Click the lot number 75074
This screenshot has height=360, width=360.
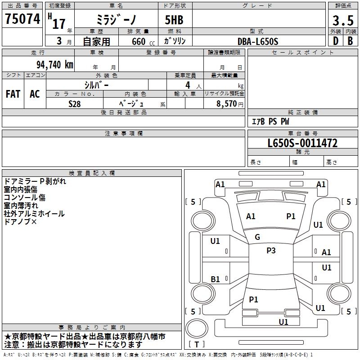(x=22, y=19)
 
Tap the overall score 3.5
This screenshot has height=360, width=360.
(x=343, y=20)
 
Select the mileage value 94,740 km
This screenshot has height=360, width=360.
(x=55, y=64)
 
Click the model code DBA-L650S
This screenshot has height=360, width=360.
(x=258, y=41)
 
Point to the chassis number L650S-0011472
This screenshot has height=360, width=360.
(x=302, y=143)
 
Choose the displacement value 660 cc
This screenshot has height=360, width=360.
(x=143, y=42)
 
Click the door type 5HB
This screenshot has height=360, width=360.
(x=174, y=20)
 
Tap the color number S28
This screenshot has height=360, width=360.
(x=75, y=104)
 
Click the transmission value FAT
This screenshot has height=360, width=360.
(x=13, y=94)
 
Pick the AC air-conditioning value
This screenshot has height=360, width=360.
(x=35, y=94)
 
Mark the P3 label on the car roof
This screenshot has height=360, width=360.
(x=271, y=250)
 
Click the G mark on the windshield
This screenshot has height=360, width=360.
(x=257, y=237)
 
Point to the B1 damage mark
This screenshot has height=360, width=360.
(x=215, y=279)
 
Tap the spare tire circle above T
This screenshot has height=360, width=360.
(x=197, y=328)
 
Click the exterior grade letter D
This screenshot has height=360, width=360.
(x=336, y=41)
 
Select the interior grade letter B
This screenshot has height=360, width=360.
(x=350, y=41)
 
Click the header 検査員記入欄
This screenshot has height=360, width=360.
(x=92, y=173)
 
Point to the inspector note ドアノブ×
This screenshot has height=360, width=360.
(x=20, y=221)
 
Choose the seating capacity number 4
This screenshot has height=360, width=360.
(x=188, y=85)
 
